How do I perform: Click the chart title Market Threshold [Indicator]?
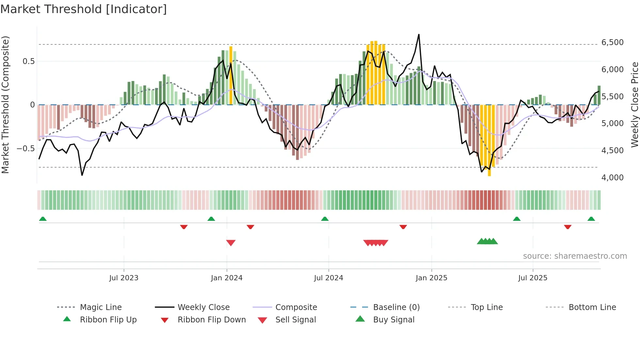click(x=84, y=9)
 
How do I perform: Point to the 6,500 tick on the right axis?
click(x=612, y=42)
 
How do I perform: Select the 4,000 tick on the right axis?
click(x=612, y=178)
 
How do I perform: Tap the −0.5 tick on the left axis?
click(x=25, y=148)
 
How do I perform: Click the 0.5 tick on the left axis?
click(x=28, y=61)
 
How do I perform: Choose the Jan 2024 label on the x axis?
click(x=227, y=278)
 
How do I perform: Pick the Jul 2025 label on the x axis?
click(x=533, y=278)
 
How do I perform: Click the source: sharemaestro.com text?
click(x=575, y=256)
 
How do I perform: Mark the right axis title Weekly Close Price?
click(x=634, y=105)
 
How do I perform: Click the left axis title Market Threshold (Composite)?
click(x=5, y=105)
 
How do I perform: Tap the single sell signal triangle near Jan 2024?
click(x=231, y=243)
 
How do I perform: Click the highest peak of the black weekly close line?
click(x=419, y=35)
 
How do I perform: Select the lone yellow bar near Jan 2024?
click(x=231, y=75)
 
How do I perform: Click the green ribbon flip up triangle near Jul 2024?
click(x=325, y=219)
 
